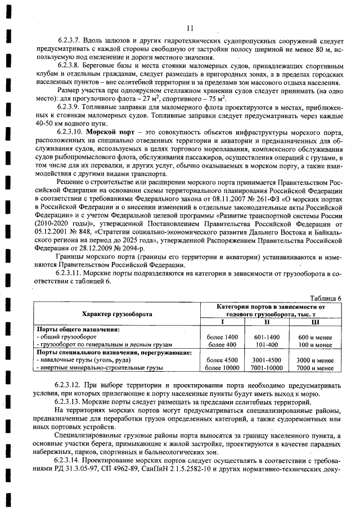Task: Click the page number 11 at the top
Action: click(189, 29)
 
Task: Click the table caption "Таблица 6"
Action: click(326, 298)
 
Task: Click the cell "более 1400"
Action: click(222, 336)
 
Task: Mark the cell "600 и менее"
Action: click(315, 336)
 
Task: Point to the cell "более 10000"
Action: click(222, 368)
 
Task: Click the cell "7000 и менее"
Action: click(315, 368)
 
